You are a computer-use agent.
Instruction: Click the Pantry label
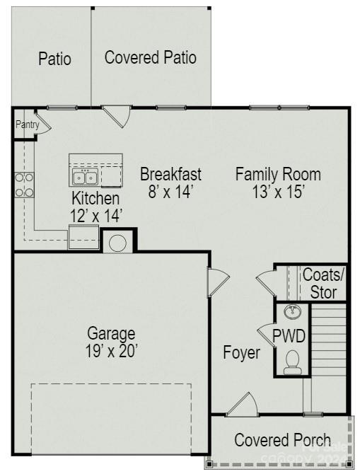click(27, 125)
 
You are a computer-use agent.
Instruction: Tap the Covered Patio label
click(150, 57)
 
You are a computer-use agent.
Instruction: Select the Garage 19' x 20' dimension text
click(111, 349)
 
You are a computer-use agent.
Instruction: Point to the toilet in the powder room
click(292, 363)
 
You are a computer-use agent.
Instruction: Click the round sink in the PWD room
click(292, 312)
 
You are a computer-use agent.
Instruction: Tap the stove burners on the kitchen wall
click(25, 185)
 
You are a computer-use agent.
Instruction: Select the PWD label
click(289, 335)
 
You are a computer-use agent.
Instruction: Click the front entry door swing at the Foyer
click(243, 405)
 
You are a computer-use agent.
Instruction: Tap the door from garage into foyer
click(216, 283)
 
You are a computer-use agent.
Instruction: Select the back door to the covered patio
click(116, 115)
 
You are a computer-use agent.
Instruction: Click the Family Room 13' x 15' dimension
click(278, 191)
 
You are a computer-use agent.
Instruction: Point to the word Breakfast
click(170, 174)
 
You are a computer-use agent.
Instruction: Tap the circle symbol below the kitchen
click(118, 242)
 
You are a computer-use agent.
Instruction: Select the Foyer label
click(241, 352)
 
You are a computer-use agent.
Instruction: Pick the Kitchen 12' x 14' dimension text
click(96, 213)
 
